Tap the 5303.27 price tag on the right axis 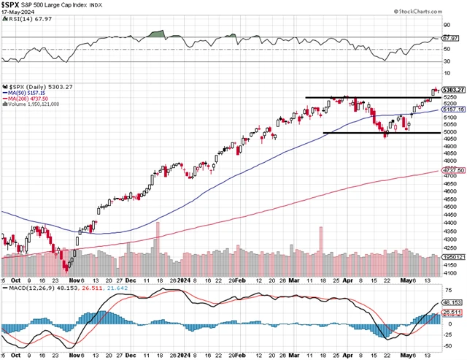tap(453, 91)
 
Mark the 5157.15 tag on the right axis tap(453, 110)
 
